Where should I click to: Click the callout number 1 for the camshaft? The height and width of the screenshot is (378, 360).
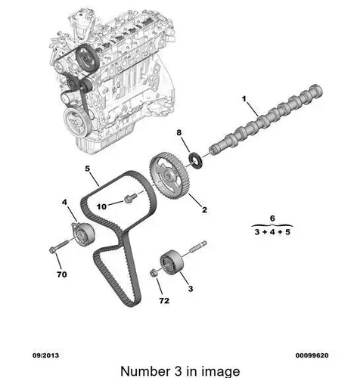(244, 99)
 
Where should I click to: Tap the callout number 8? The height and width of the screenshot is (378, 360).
(179, 132)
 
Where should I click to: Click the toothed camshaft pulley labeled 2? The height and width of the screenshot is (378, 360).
(169, 175)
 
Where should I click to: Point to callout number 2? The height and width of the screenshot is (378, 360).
(204, 209)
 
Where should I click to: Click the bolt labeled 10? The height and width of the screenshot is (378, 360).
(130, 198)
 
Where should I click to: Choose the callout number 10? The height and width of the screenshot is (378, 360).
(101, 206)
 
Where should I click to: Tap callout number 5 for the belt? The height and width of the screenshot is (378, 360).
(87, 169)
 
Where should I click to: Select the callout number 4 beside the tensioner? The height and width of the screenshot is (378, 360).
(64, 202)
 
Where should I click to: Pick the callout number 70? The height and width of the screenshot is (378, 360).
(62, 274)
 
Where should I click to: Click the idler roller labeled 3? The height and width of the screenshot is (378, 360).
(172, 262)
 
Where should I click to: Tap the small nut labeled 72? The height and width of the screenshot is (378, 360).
(154, 273)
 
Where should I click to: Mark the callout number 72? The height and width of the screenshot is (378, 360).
(164, 301)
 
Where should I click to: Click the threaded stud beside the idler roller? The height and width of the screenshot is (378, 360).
(197, 247)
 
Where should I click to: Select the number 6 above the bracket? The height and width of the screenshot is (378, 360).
(272, 218)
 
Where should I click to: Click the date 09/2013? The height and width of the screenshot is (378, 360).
(45, 355)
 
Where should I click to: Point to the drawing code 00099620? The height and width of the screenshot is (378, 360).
(312, 355)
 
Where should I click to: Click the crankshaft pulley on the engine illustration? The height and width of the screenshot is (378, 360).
(76, 119)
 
